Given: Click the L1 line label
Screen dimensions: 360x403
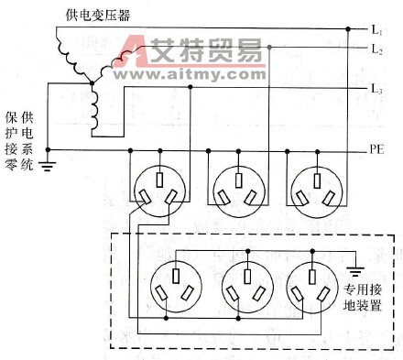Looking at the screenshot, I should tap(376, 31).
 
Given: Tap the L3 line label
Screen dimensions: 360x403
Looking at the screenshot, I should tap(376, 88).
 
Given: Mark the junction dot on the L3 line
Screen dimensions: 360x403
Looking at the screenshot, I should tap(191, 88).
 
